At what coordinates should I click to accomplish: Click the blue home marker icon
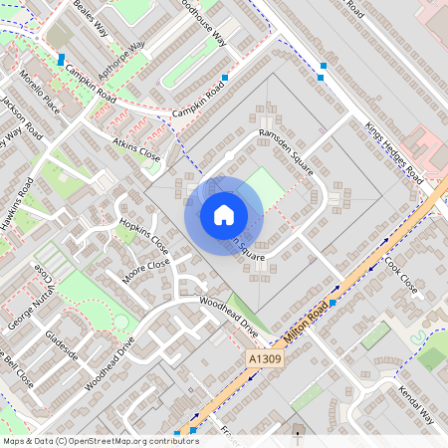(224, 215)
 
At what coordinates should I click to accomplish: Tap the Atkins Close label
(136, 150)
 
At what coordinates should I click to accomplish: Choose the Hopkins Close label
(144, 236)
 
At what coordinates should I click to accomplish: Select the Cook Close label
(400, 270)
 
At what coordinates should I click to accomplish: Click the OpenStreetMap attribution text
(101, 441)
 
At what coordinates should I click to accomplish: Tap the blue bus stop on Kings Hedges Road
(322, 68)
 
